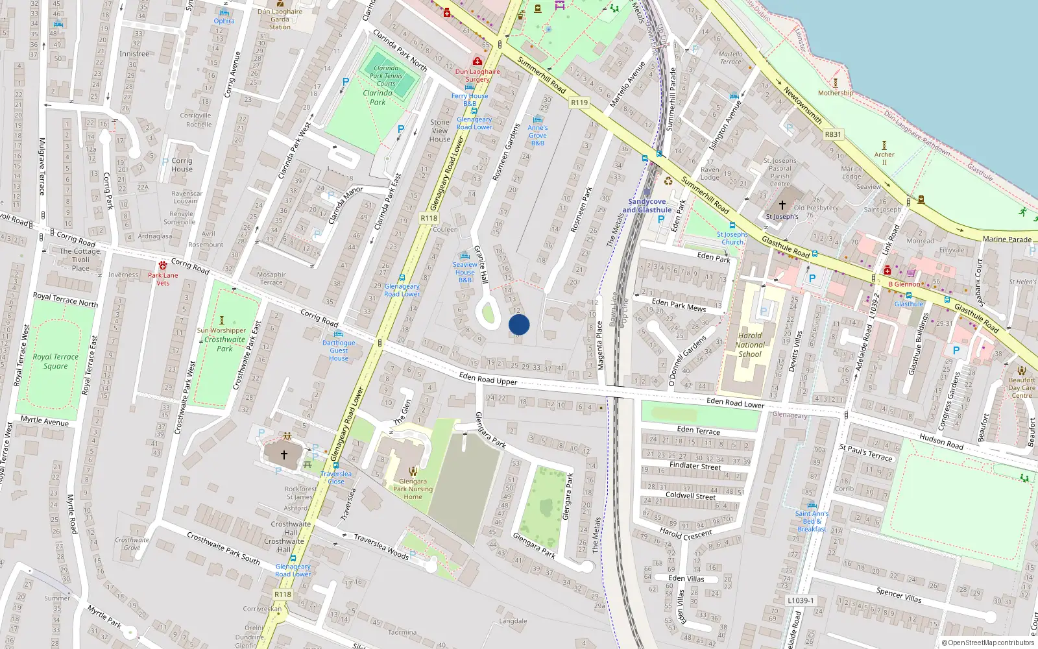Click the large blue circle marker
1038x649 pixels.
[x=519, y=324]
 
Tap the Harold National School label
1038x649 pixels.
[x=750, y=345]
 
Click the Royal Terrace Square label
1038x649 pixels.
[x=56, y=361]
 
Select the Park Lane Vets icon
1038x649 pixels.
[x=162, y=266]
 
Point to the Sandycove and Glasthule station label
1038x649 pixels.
[x=647, y=206]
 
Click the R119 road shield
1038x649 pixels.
[x=579, y=103]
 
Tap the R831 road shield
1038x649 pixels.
[x=833, y=134]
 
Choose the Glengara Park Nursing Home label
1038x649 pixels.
[x=413, y=489]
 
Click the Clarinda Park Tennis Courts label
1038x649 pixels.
[x=386, y=76]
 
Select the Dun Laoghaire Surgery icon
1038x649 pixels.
[x=477, y=61]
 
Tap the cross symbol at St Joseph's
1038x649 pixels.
[x=782, y=204]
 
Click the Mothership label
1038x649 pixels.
[x=836, y=93]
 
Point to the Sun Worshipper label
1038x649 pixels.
[x=221, y=330]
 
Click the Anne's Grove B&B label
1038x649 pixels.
[x=538, y=135]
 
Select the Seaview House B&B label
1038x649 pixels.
[x=465, y=272]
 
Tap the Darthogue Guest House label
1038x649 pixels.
[x=339, y=350]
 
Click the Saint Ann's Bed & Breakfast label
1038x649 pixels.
[x=812, y=521]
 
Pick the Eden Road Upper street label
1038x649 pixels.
[x=488, y=378]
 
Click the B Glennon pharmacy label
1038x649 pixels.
[x=904, y=284]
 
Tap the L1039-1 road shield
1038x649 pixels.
[x=801, y=600]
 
